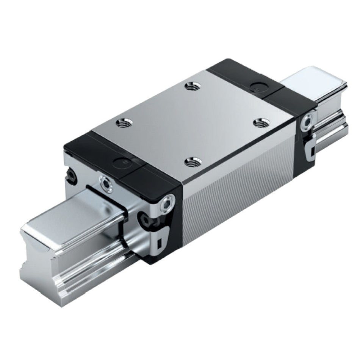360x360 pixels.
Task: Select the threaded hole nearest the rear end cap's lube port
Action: pyautogui.click(x=260, y=122)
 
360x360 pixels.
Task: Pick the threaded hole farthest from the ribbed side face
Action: pyautogui.click(x=191, y=87)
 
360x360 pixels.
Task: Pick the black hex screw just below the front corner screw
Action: pyautogui.click(x=146, y=219)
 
